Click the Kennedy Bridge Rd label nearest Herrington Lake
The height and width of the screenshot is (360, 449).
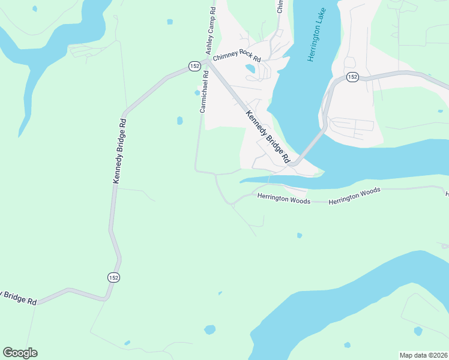tap(268, 137)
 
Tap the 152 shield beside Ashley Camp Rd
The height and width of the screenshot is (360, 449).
tap(194, 66)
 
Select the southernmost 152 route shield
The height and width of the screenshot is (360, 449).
tap(113, 277)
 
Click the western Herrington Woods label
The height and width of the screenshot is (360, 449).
tap(284, 199)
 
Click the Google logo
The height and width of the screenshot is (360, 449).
tap(20, 353)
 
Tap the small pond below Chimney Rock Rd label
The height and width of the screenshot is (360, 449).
tap(250, 68)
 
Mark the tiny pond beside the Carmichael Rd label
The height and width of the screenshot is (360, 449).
tap(197, 92)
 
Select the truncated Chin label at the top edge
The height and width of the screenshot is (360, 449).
tap(279, 6)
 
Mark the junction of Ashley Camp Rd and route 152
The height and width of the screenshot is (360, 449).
tap(206, 61)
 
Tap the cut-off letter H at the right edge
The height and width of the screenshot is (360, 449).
tap(447, 194)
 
